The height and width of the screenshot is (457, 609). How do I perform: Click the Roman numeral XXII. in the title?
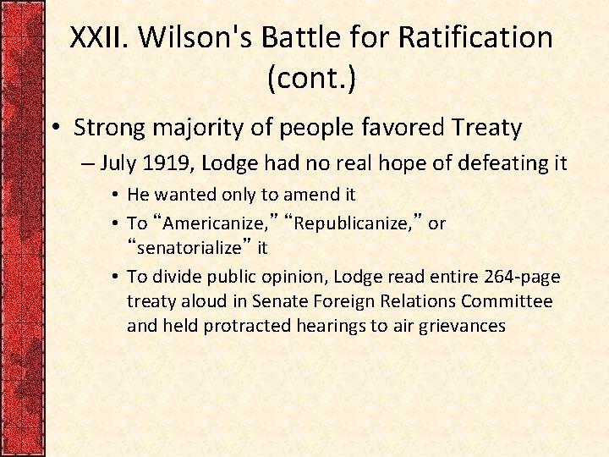98,38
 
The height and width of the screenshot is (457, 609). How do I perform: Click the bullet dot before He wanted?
115,195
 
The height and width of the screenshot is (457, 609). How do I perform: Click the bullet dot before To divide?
115,278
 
